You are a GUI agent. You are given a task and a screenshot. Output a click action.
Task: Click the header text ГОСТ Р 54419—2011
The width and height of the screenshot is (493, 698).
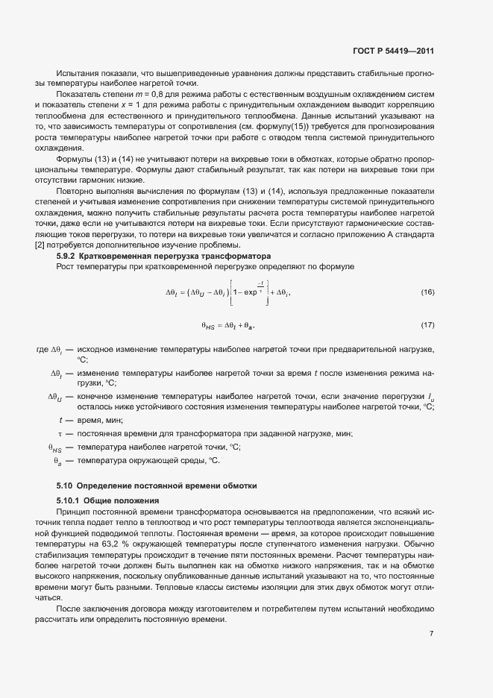pyautogui.click(x=393, y=51)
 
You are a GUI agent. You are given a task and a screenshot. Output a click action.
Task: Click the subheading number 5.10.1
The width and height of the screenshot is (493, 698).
pyautogui.click(x=69, y=499)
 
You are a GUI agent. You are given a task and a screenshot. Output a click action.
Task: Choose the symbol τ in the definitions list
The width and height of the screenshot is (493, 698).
pyautogui.click(x=59, y=433)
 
